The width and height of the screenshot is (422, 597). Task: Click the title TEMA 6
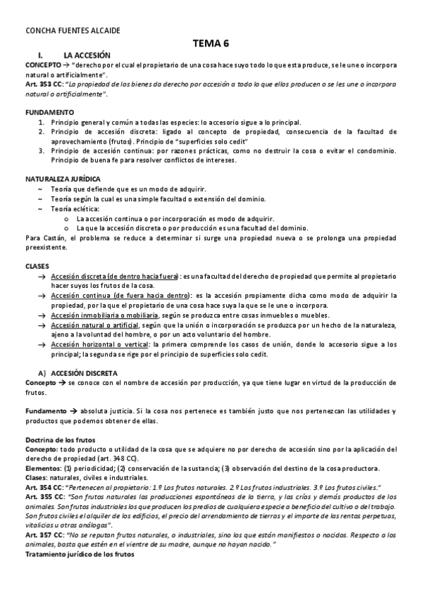[x=211, y=44]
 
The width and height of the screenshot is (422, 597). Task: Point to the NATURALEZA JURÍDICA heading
[x=62, y=179]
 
